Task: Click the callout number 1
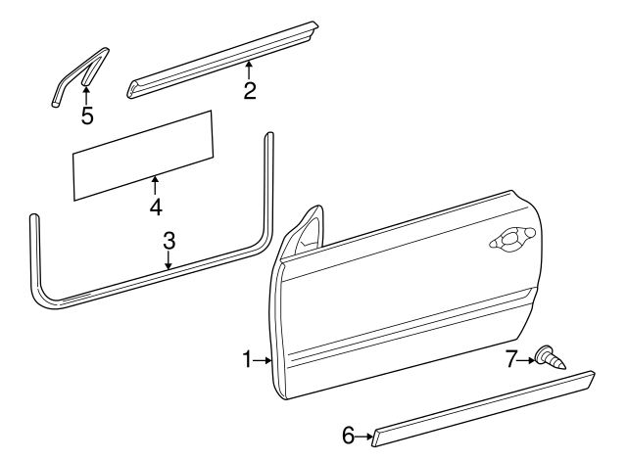click(x=248, y=360)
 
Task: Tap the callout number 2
click(x=250, y=92)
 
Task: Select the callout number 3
click(x=169, y=239)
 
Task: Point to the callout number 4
click(x=155, y=207)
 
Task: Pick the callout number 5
click(x=87, y=116)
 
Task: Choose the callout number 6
click(x=348, y=436)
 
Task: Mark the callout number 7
click(x=510, y=359)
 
